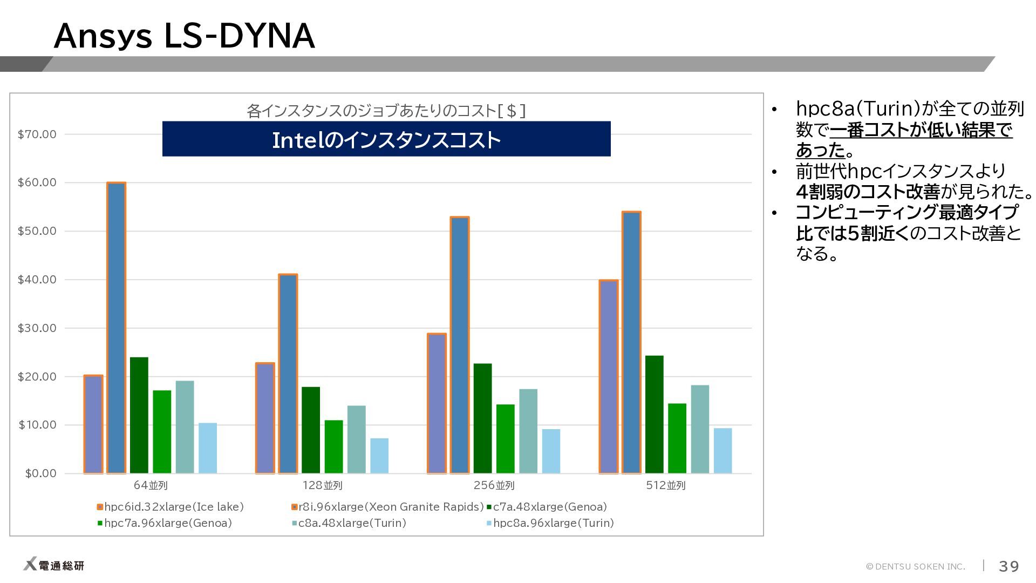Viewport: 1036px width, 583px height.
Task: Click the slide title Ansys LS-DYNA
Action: coord(184,36)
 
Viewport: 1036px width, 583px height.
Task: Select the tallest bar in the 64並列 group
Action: coord(117,328)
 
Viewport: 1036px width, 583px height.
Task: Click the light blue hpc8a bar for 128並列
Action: coord(379,456)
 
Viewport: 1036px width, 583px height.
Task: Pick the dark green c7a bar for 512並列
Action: coord(655,415)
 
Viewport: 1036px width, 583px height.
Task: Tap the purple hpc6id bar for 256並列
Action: coord(437,403)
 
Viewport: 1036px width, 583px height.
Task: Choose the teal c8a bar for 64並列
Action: coord(185,427)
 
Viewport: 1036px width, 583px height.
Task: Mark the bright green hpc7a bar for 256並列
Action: coord(506,439)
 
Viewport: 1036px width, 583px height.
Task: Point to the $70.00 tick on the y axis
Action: coord(37,134)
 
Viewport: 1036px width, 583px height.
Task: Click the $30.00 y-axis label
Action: coord(37,328)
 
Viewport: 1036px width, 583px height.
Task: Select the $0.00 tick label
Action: coord(40,473)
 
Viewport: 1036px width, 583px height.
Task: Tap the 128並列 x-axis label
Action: coord(322,485)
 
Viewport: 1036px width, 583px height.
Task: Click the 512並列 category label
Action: coord(666,485)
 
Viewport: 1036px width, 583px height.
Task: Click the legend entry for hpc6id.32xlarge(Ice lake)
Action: coord(171,507)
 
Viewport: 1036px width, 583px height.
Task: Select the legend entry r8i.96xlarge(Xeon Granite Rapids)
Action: coord(387,507)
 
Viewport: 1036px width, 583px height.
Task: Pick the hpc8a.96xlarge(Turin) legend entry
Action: coord(550,523)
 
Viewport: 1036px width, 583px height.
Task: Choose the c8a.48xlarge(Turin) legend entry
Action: coord(349,523)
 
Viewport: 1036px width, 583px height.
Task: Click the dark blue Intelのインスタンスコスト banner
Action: coord(386,139)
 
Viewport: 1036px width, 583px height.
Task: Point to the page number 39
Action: coord(1008,566)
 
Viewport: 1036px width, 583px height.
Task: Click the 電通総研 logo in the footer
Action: coord(54,565)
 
